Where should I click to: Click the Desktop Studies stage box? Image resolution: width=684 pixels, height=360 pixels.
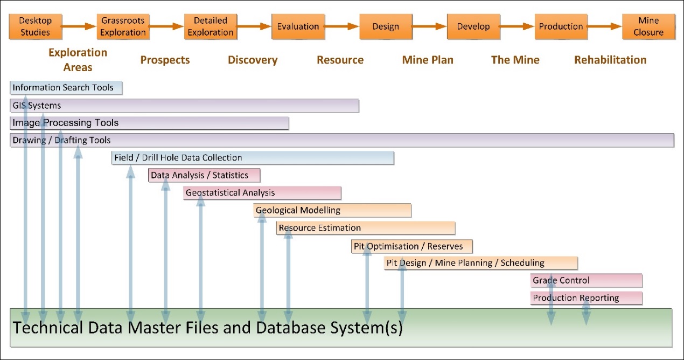coord(34,26)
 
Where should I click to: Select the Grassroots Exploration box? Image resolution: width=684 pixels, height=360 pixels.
coord(122,26)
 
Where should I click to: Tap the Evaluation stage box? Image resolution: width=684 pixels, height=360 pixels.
coord(298,26)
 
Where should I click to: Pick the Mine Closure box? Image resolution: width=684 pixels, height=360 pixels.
coord(648,26)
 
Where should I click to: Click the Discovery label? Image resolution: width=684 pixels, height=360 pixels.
coord(253,60)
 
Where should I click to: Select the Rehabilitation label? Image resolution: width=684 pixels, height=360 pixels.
coord(610,60)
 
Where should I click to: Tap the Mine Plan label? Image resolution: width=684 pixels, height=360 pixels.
coord(428,60)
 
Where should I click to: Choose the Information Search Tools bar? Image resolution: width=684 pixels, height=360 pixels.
coord(66,88)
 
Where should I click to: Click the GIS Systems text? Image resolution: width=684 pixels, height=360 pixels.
coord(37,106)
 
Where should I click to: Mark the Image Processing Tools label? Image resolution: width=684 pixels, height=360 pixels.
coord(65,123)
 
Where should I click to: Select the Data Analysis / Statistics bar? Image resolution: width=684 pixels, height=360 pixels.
coord(205,175)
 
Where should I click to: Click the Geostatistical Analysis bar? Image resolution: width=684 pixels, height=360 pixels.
coord(262,193)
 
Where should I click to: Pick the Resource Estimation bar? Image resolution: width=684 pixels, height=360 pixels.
coord(366,228)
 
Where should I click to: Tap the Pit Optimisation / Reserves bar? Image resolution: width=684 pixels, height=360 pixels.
coord(412,246)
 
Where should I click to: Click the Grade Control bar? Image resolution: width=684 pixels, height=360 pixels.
coord(586,280)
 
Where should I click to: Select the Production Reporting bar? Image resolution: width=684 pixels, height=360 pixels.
coord(586,298)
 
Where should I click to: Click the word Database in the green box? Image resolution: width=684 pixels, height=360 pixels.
coord(293,327)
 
